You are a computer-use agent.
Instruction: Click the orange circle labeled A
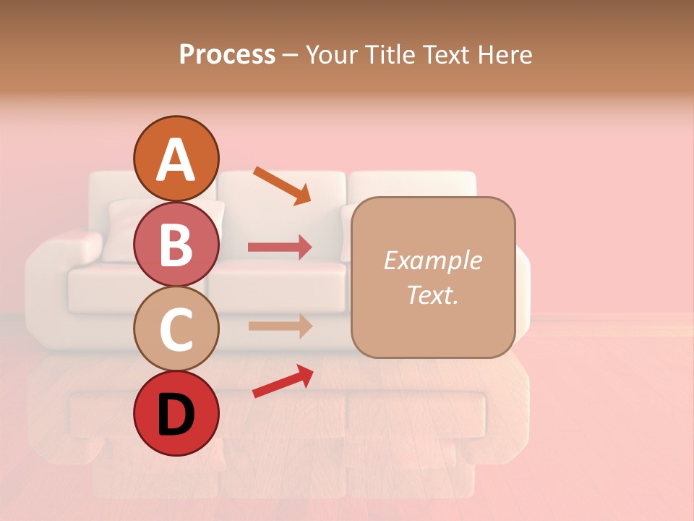(x=176, y=158)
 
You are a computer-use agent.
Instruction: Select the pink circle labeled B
(x=176, y=244)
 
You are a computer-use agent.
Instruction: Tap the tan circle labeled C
(x=176, y=329)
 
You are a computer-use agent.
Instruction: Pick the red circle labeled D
(x=176, y=413)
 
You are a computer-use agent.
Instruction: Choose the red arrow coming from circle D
(x=283, y=381)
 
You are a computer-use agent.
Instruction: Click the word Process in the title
(x=227, y=55)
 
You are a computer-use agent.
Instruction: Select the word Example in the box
(x=432, y=260)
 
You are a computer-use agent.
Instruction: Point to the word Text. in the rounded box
(x=432, y=295)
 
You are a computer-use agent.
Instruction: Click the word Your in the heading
(x=331, y=55)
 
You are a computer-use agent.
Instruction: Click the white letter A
(x=176, y=160)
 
